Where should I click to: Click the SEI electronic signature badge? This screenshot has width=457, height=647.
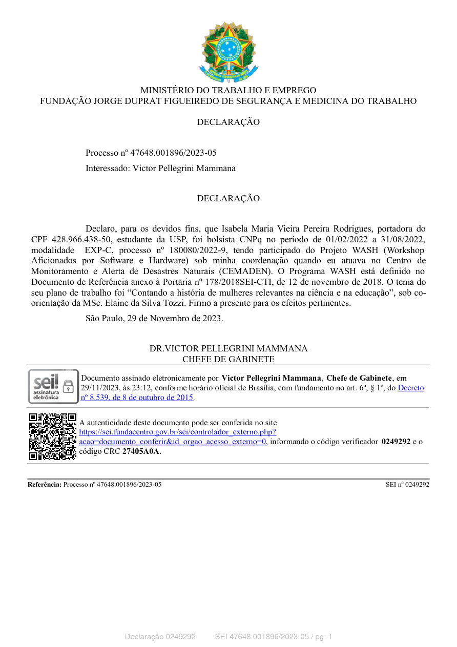coord(53,387)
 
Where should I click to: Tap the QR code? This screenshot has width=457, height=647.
coord(53,436)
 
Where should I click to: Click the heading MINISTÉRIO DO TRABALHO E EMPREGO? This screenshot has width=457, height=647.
coord(228,91)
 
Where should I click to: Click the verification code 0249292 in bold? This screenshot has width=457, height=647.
coord(396,442)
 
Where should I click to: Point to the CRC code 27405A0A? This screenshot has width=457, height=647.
coord(140,451)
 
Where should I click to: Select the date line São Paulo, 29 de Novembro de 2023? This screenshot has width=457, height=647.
coord(154,318)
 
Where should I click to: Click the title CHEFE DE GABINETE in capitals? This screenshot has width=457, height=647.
coord(228,360)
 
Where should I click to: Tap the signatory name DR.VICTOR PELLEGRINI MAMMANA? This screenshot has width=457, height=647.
coord(228,349)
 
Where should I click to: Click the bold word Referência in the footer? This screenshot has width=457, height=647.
coord(45,484)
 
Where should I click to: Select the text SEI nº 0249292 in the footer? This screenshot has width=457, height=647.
coord(407,484)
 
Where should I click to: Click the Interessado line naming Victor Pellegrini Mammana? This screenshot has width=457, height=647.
coord(160,168)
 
